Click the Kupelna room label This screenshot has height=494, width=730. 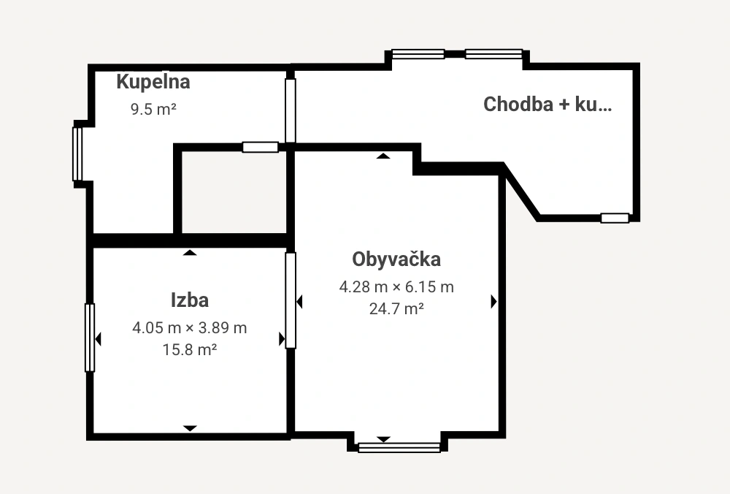tap(153, 82)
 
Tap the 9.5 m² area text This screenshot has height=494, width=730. tap(153, 110)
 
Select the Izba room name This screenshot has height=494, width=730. tap(190, 300)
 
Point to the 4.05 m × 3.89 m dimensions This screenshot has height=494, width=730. tap(190, 327)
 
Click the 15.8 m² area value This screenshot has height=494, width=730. tap(190, 349)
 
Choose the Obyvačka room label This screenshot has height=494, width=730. tap(396, 259)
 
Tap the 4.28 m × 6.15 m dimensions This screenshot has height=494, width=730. tap(396, 286)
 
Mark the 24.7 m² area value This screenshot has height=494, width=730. tap(396, 308)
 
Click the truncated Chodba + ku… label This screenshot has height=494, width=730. tap(547, 104)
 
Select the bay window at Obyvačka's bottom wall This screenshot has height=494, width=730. tap(399, 448)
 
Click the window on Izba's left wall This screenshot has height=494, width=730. tap(90, 338)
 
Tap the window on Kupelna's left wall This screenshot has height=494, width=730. tap(77, 153)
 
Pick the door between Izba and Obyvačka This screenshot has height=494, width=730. tap(291, 300)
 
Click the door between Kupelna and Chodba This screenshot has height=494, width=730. tap(290, 110)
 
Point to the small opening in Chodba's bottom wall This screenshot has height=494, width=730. tap(615, 218)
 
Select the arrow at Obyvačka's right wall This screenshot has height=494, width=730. tap(494, 302)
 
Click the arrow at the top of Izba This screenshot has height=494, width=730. tap(190, 253)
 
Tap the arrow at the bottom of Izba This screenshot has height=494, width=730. tap(190, 428)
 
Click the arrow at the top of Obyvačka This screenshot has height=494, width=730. tap(383, 156)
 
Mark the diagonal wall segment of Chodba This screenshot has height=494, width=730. tap(521, 191)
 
